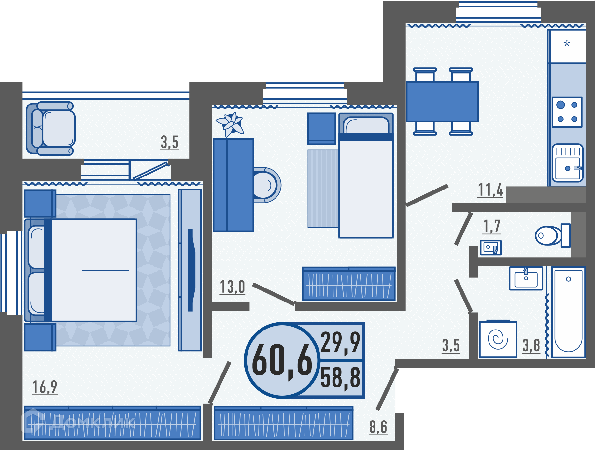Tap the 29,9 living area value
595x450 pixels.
[x=340, y=343]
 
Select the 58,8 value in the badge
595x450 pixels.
[x=340, y=378]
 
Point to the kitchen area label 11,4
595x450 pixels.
[x=490, y=190]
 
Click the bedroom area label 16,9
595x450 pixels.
[x=45, y=387]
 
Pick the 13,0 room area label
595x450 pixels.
[x=232, y=287]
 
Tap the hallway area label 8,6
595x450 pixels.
[x=378, y=427]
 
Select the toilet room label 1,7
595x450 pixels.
[x=491, y=227]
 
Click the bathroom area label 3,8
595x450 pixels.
[x=531, y=345]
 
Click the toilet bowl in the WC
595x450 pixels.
[x=553, y=235]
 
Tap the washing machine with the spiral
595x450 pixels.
[x=498, y=339]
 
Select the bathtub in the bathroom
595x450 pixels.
[x=569, y=312]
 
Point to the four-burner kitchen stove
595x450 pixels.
[x=567, y=112]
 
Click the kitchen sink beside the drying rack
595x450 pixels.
[x=568, y=163]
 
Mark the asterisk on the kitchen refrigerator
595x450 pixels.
[x=567, y=44]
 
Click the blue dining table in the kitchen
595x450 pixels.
[x=442, y=102]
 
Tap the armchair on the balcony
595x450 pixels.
[x=51, y=128]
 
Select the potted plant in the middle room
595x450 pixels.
[x=231, y=124]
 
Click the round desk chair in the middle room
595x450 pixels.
[x=267, y=185]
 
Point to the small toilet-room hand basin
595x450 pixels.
[x=490, y=247]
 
